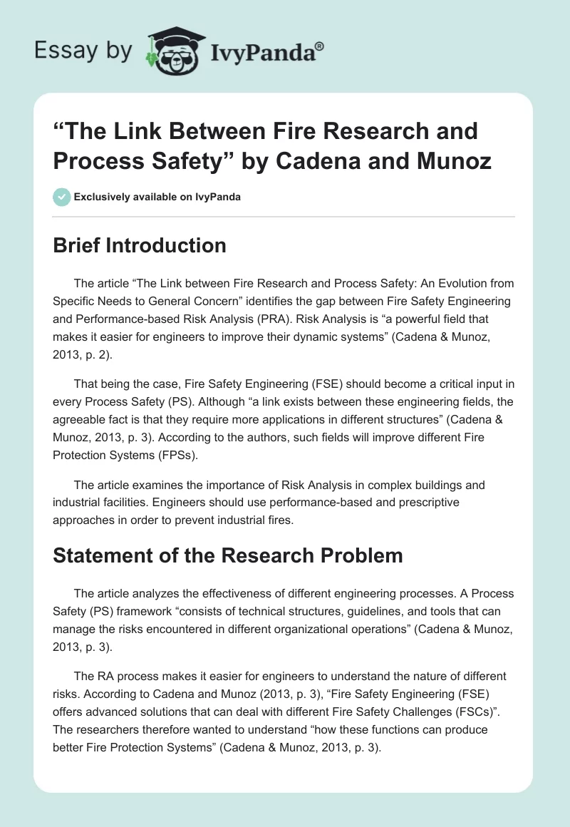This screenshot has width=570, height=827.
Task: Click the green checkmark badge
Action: pyautogui.click(x=62, y=197)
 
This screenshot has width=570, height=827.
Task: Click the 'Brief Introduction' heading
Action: pyautogui.click(x=140, y=245)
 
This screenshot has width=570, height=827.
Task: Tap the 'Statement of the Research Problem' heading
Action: pyautogui.click(x=228, y=555)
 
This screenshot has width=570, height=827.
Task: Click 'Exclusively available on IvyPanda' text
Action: pyautogui.click(x=157, y=197)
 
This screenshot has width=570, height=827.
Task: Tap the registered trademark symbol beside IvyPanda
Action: pyautogui.click(x=321, y=45)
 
